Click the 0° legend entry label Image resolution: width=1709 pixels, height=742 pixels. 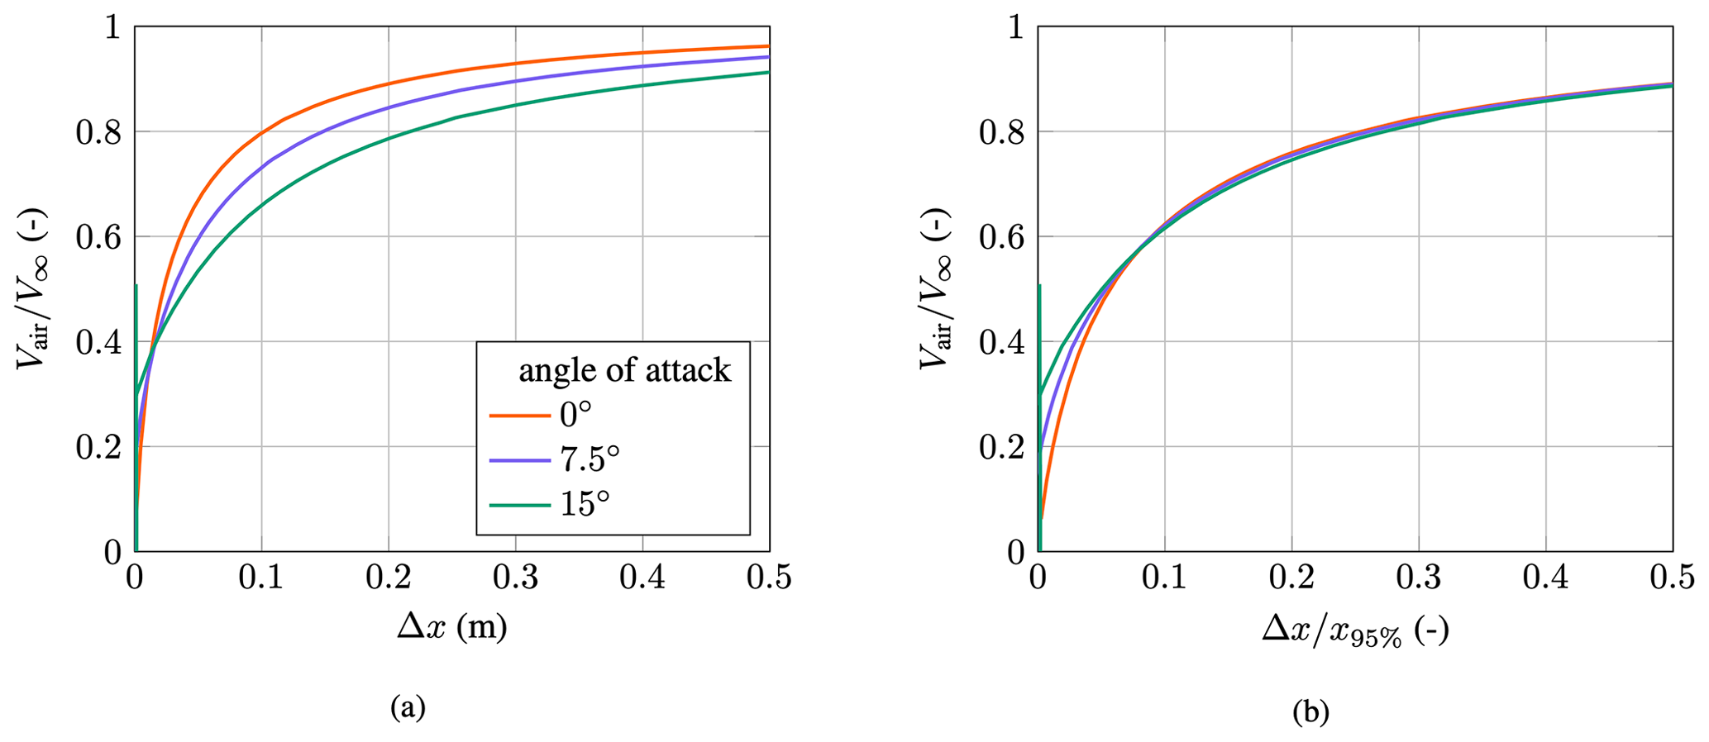tap(575, 414)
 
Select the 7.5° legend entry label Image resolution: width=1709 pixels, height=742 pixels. tap(590, 459)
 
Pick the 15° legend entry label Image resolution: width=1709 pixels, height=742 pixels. tap(585, 503)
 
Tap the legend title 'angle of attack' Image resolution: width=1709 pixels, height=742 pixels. tap(624, 370)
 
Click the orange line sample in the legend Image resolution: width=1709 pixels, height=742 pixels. tap(519, 415)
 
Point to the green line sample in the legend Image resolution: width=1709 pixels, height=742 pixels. tap(519, 504)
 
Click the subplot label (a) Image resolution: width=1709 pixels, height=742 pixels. tap(408, 707)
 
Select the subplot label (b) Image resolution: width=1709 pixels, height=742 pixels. tap(1310, 711)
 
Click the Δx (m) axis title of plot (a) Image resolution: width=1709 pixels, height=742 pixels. tap(451, 628)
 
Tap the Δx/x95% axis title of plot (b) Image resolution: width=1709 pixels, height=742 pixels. tap(1354, 631)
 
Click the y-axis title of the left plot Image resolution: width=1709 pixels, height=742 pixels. tap(33, 289)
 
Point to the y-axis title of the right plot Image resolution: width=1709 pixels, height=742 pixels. tap(936, 289)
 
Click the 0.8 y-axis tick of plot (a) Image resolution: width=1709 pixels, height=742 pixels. tap(98, 132)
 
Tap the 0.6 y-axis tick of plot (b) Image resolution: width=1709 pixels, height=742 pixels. tap(1001, 237)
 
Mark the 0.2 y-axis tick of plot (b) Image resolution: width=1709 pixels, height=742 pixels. tap(1001, 447)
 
